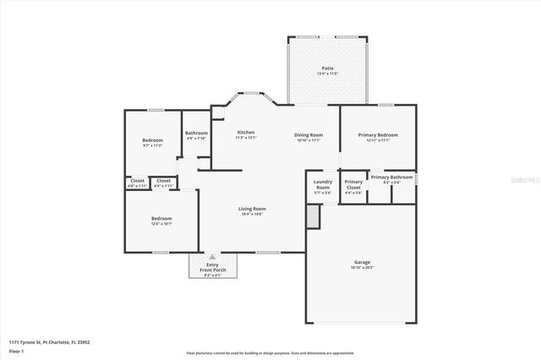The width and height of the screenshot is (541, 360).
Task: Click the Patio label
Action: (x=326, y=69)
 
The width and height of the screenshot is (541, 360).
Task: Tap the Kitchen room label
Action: (x=246, y=134)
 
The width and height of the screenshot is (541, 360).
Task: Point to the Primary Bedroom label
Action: (x=378, y=136)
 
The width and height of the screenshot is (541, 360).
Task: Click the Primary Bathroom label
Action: (x=391, y=177)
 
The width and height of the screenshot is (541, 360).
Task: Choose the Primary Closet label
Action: (x=353, y=186)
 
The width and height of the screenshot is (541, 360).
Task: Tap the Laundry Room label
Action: (x=322, y=186)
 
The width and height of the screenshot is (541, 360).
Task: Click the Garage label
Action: (x=362, y=264)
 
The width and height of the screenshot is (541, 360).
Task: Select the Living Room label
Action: (x=252, y=210)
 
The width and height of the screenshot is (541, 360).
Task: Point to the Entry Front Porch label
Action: (x=212, y=268)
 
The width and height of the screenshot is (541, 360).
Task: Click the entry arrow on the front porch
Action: (x=212, y=256)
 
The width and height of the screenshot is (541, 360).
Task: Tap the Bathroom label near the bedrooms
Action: (x=196, y=134)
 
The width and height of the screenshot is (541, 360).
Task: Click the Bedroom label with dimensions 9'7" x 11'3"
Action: (x=152, y=141)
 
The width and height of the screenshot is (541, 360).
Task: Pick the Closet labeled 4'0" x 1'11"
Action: (x=137, y=182)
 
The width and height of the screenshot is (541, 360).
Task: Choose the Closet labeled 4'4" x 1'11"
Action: (x=163, y=182)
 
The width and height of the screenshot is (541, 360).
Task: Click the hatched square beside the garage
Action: (x=314, y=217)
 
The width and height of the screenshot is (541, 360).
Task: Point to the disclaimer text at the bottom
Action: (x=270, y=352)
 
